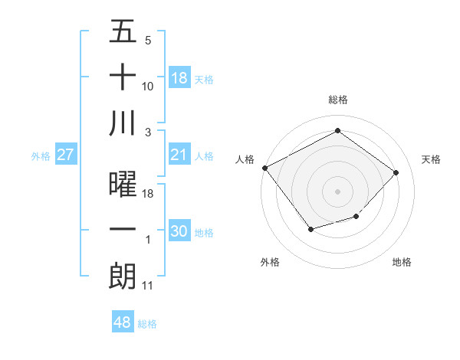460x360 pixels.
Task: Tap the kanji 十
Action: [x=123, y=78]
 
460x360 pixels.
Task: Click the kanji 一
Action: [x=123, y=231]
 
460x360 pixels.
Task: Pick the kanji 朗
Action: [x=123, y=276]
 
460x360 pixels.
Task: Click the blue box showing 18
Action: [x=179, y=78]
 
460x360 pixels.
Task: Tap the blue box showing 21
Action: [x=179, y=155]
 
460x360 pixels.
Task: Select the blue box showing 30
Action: [x=179, y=231]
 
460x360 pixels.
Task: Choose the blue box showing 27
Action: [x=65, y=155]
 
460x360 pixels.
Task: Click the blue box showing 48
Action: [x=123, y=322]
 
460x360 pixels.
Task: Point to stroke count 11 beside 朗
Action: [x=148, y=286]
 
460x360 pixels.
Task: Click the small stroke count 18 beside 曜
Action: [x=148, y=195]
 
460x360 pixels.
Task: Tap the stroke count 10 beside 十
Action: [x=148, y=87]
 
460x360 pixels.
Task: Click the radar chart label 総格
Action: [x=337, y=100]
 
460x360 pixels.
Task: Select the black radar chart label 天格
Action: [x=431, y=159]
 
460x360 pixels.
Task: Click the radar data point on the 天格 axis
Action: [x=396, y=172]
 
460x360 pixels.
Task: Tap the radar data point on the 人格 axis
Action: [x=264, y=168]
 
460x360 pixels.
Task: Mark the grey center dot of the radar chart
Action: [x=337, y=191]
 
